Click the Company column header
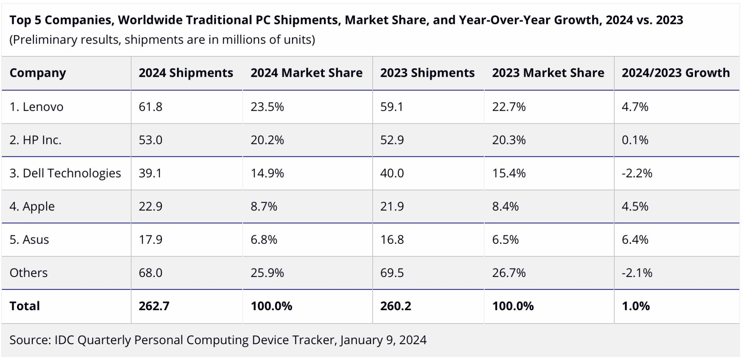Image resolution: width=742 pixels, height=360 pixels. [37, 73]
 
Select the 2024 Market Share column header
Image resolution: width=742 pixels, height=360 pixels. [306, 73]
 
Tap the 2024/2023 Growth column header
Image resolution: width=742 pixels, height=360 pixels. [676, 73]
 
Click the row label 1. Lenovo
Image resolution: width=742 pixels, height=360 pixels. [36, 107]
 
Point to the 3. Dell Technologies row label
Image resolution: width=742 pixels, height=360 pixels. [65, 173]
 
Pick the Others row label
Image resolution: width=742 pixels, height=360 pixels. [29, 273]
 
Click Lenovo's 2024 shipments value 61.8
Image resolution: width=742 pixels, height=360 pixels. [150, 107]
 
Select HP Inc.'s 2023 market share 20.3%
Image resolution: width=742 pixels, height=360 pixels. [509, 140]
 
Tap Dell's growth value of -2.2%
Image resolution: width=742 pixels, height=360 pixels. [636, 173]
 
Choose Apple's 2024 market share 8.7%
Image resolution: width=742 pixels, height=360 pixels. [264, 206]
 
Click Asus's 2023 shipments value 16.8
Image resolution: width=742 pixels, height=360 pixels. [392, 239]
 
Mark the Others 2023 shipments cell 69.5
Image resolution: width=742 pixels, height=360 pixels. [392, 273]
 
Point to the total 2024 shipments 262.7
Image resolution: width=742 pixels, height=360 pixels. [154, 306]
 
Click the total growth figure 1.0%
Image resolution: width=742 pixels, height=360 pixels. [635, 306]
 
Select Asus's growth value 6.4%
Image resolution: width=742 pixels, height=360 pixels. [635, 239]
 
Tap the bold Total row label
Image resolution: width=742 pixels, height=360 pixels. [25, 306]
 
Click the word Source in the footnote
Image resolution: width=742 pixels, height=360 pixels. [30, 340]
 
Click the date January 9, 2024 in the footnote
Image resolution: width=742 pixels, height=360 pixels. [383, 340]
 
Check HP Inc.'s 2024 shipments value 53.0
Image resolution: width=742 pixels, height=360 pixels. [150, 140]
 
